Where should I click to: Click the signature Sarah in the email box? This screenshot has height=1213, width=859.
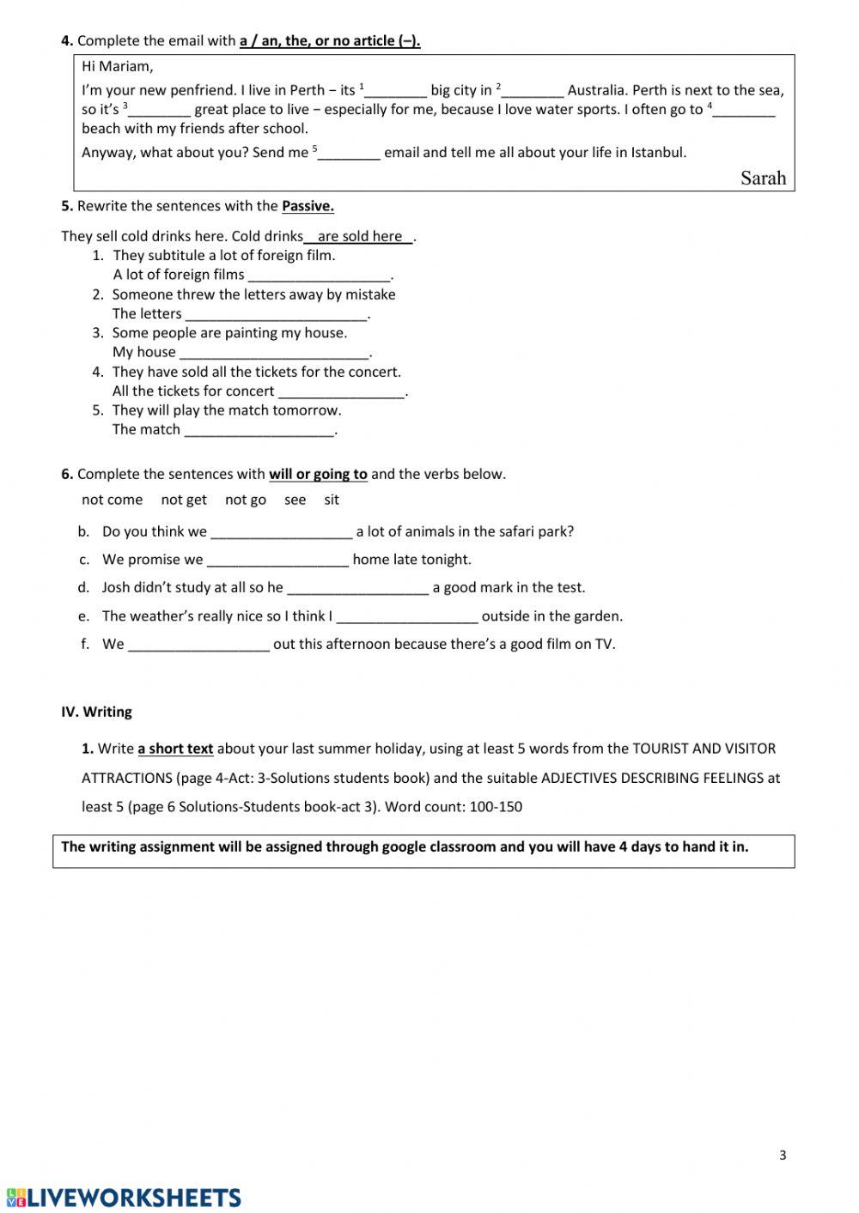point(763,178)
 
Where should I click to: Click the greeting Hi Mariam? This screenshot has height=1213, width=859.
point(118,66)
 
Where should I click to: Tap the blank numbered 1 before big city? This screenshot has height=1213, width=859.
point(396,91)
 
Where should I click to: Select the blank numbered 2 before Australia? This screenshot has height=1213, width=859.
point(533,91)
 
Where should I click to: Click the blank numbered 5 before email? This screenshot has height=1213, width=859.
point(350,154)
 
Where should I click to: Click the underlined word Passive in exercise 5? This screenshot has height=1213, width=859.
point(308,206)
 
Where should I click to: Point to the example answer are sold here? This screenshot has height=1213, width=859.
point(360,237)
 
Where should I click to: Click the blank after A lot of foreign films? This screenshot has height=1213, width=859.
point(319,276)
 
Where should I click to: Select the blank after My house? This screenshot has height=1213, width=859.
point(274,353)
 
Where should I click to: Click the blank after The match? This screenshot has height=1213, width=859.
point(259,430)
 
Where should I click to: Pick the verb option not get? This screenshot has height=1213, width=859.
point(184,500)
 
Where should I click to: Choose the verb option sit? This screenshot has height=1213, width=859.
point(332,500)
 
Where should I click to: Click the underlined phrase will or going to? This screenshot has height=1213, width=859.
point(318,474)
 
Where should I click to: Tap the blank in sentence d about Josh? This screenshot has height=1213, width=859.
point(357,588)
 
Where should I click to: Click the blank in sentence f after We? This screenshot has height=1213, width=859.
point(198,645)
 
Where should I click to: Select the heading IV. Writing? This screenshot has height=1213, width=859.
point(96,712)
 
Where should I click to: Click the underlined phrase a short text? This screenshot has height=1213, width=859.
point(175,749)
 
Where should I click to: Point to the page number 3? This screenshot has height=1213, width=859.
point(783,1155)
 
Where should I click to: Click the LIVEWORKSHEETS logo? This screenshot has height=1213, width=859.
point(124,1198)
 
